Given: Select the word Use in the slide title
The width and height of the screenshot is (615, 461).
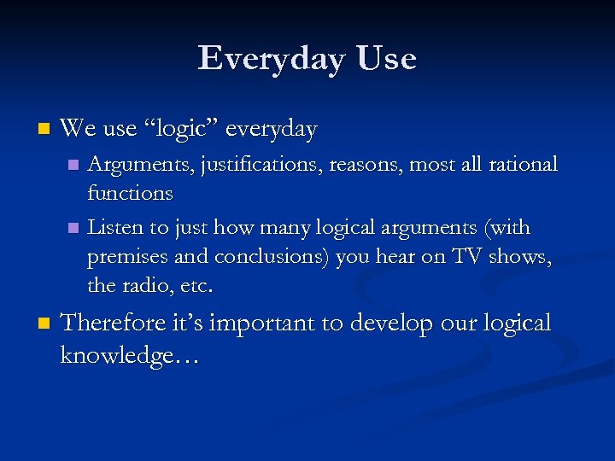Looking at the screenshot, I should [387, 59].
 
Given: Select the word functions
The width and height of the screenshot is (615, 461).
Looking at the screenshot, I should [130, 194].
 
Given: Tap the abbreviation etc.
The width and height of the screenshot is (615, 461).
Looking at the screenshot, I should [196, 285].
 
